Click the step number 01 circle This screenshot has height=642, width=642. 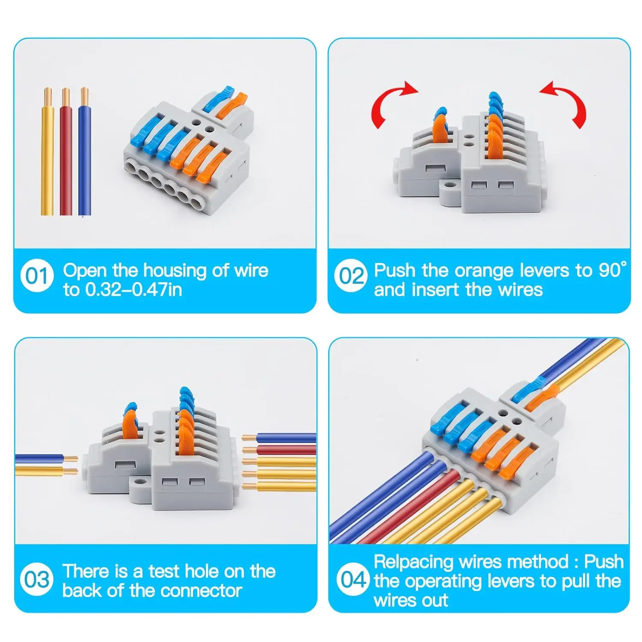tap(37, 276)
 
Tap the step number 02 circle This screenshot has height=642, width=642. tap(351, 276)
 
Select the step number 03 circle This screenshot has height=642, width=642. tap(37, 580)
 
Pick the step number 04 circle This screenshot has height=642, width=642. tap(353, 580)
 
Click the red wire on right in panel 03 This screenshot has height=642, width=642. tap(287, 450)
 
